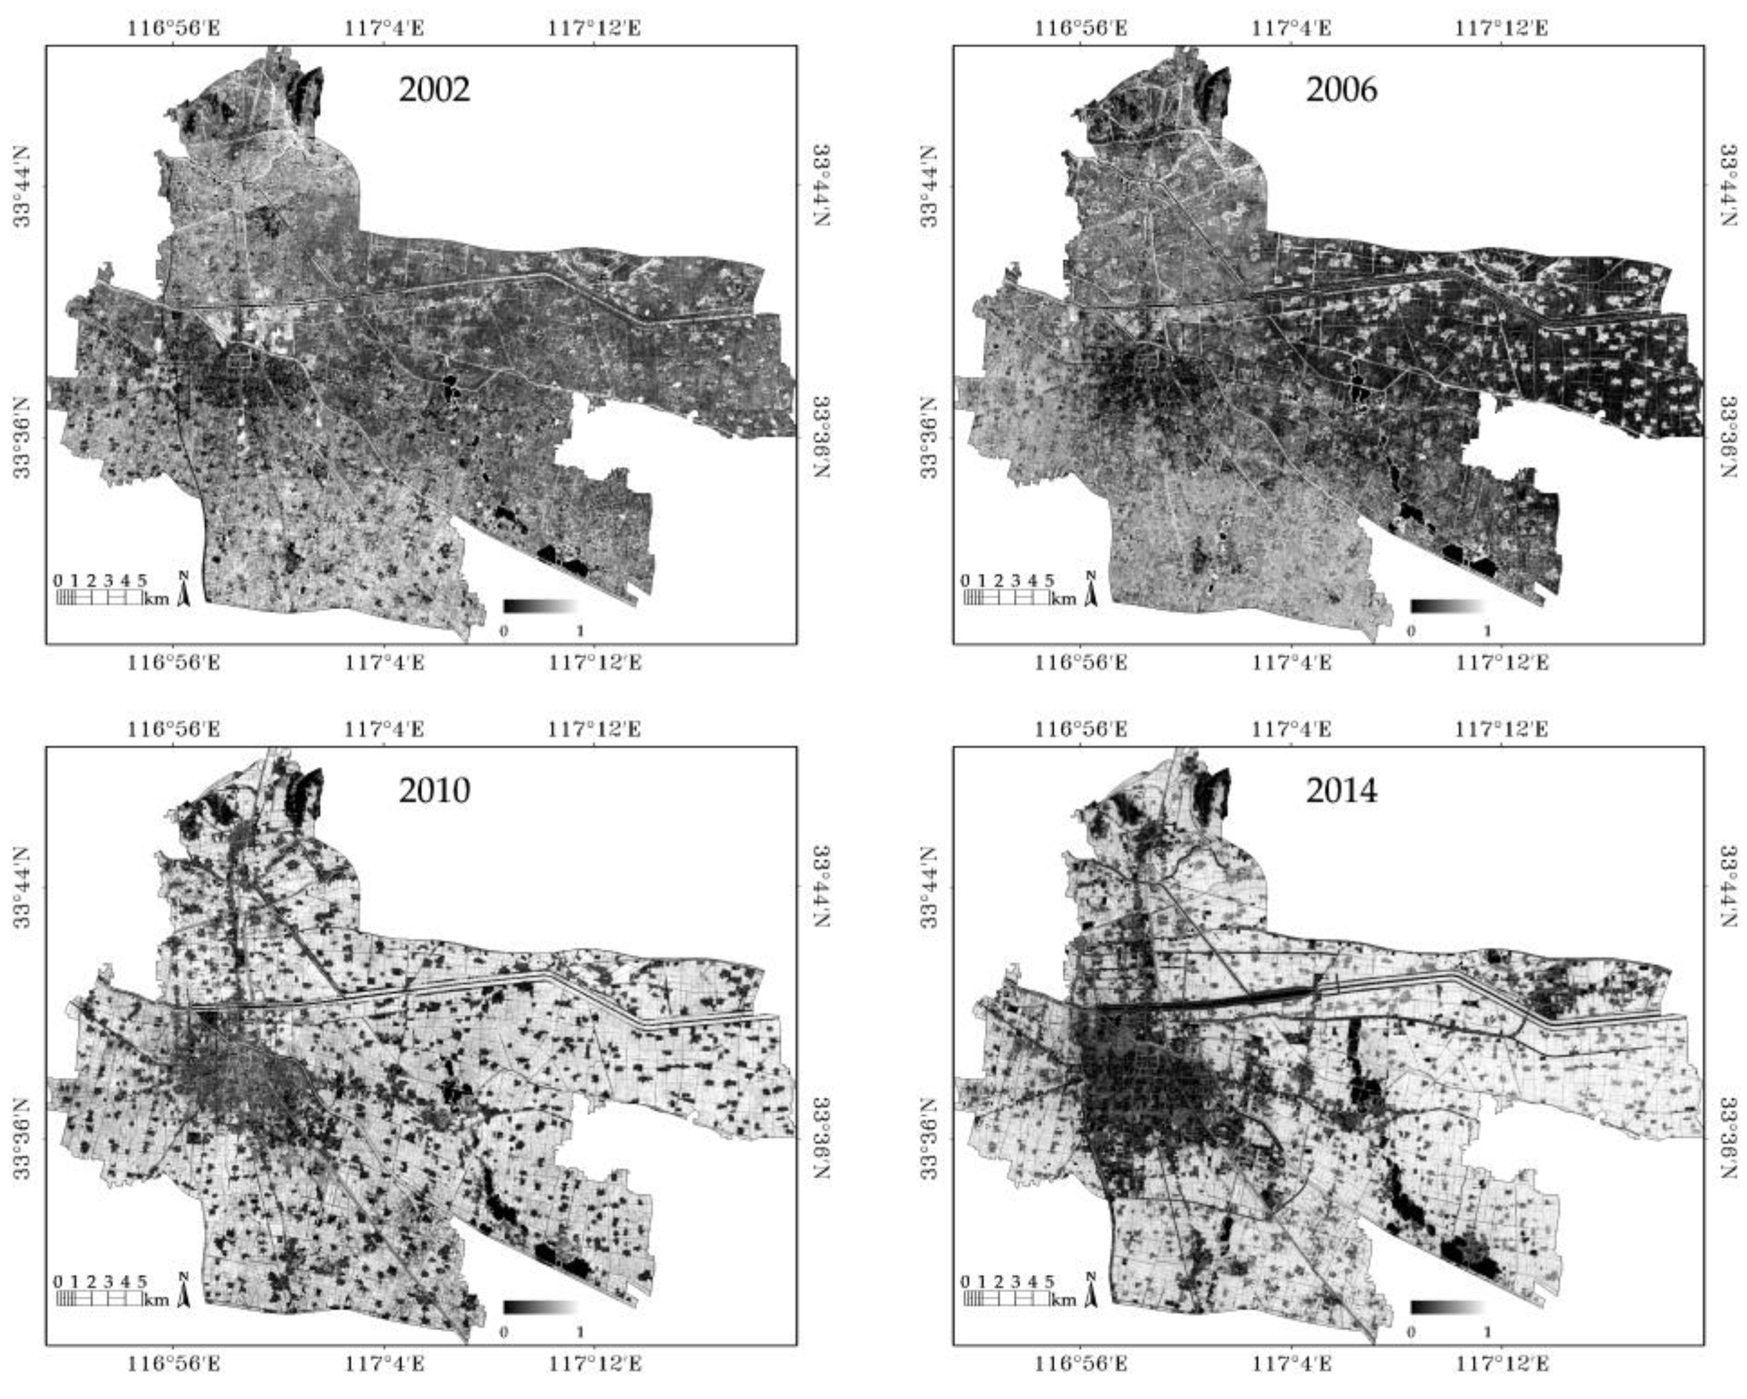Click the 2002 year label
tap(433, 89)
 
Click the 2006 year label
tap(1341, 89)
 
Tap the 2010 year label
tap(433, 790)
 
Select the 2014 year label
tap(1341, 790)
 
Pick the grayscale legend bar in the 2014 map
tap(1447, 1307)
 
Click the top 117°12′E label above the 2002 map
tap(594, 28)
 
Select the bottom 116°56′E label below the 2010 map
tap(173, 1364)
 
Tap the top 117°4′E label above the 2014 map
tap(1292, 729)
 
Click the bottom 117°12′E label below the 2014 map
tap(1501, 1364)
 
